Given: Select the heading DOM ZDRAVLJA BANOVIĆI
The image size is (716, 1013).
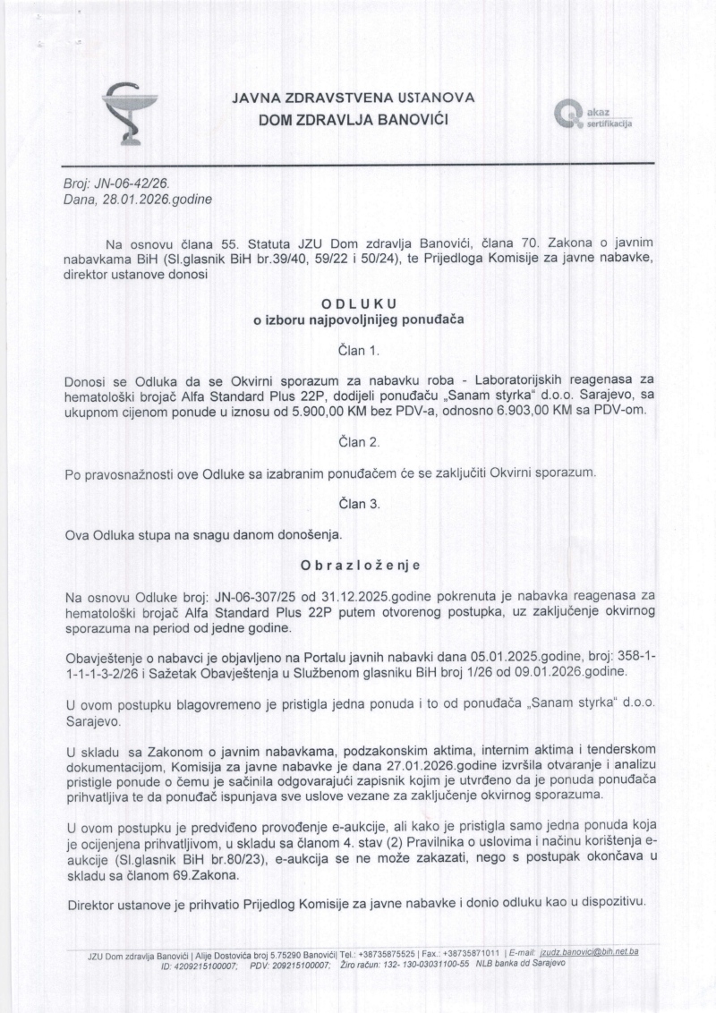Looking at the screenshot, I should click(354, 119).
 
